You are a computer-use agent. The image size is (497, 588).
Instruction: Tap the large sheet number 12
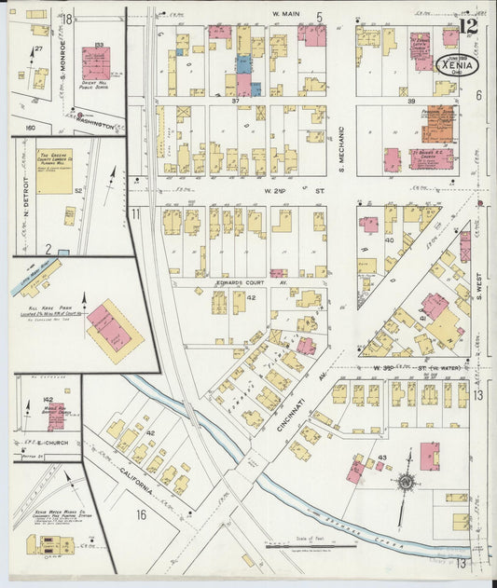click(469, 26)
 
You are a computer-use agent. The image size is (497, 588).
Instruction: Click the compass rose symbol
click(406, 483)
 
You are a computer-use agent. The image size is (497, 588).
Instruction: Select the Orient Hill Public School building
click(96, 63)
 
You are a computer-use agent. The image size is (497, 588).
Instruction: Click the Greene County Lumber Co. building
click(55, 171)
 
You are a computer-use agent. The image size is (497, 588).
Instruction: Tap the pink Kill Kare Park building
click(115, 329)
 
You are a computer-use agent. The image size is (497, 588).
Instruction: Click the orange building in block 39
click(437, 124)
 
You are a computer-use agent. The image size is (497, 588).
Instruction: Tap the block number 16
click(142, 513)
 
